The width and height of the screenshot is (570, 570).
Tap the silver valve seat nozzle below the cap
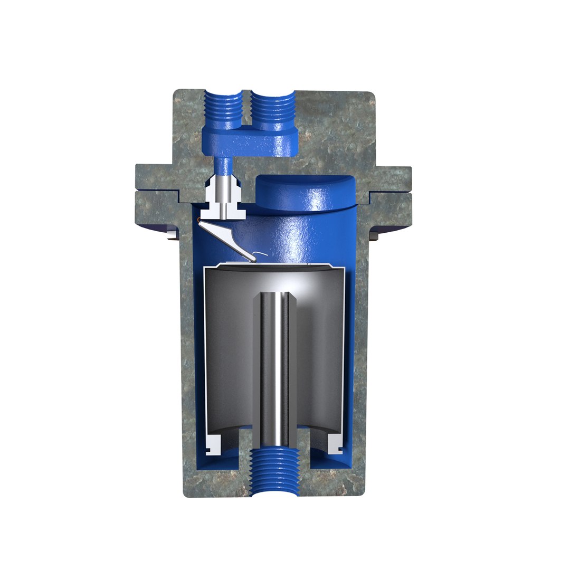[x=225, y=193]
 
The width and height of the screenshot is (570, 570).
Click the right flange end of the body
[x=393, y=193]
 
